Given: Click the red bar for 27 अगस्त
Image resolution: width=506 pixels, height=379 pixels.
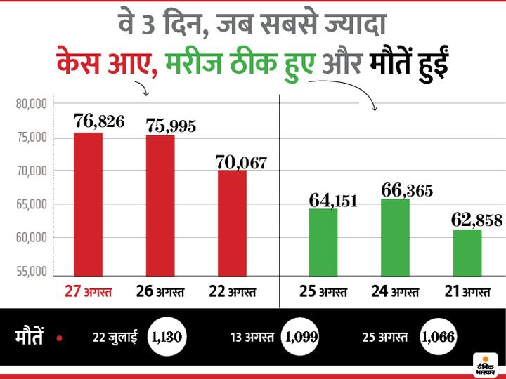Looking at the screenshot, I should point(89,204).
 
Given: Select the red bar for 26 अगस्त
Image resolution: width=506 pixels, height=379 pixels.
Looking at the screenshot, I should point(160,205).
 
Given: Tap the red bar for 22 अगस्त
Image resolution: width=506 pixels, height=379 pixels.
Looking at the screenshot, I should point(232,222).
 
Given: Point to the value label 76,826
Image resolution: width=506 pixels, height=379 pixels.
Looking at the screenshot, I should point(99,121).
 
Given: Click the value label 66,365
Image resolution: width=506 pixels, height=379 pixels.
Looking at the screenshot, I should point(407,189).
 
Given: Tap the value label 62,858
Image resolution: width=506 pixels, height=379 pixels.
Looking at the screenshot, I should point(478,220).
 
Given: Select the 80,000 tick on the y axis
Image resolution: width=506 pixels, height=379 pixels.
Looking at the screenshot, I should point(30,104).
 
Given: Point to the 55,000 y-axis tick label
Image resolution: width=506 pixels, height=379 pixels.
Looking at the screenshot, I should point(30,272).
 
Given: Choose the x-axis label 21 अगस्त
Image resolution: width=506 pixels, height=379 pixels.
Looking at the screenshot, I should point(467,290).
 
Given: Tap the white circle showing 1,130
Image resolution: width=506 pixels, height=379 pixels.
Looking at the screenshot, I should point(167,338).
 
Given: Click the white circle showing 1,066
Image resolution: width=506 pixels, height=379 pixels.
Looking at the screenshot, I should point(438,338).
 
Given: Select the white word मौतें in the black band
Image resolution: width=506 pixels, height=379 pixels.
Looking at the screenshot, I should point(30,338).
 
